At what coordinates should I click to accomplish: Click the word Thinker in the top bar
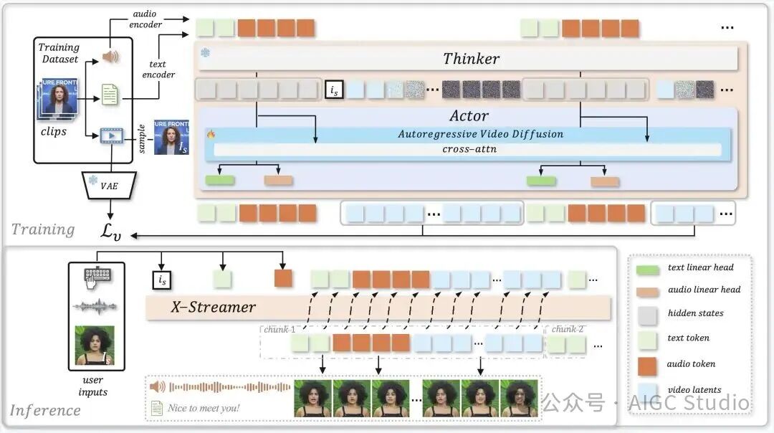tap(471, 59)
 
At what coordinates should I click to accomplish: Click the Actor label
tap(469, 115)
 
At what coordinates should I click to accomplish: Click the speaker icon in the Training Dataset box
tap(110, 57)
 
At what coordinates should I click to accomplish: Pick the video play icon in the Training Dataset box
tap(110, 135)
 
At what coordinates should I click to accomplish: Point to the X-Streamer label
tap(213, 307)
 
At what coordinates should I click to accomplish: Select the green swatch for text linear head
tap(647, 268)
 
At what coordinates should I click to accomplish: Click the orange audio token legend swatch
tap(647, 363)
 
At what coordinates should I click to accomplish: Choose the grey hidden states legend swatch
tap(647, 313)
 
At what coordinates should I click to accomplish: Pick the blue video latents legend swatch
tap(647, 390)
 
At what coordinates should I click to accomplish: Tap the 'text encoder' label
tap(158, 69)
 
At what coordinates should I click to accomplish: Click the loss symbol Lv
tap(109, 232)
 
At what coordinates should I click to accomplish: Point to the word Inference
tap(45, 410)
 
